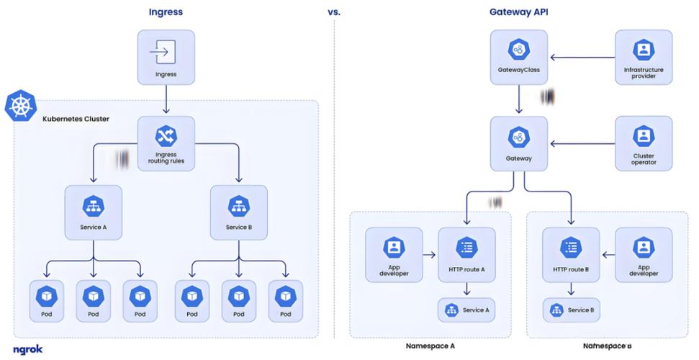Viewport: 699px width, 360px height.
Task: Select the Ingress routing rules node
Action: pos(166,143)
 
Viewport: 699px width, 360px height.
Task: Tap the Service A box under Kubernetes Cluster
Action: pos(93,212)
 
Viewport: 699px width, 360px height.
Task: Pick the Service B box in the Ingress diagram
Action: pos(238,212)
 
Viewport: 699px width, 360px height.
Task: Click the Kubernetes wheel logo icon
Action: pos(20,105)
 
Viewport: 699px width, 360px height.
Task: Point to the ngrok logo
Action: pos(27,348)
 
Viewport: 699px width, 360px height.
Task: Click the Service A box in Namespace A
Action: pos(466,310)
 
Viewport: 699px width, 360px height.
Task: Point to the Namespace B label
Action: pos(607,346)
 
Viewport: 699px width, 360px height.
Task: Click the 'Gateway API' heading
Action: pos(518,12)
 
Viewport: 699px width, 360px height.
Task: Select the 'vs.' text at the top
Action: pos(333,12)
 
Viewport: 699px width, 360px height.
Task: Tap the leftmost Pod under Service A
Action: pos(47,301)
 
